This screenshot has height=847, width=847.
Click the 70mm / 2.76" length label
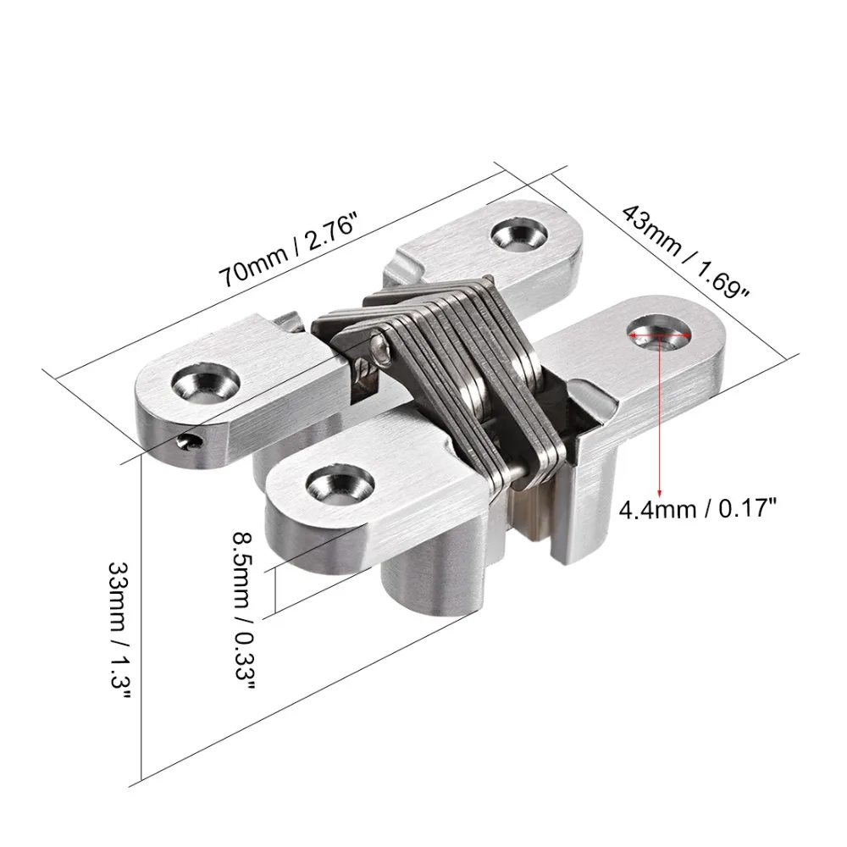click(289, 250)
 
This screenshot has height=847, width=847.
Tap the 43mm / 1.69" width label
click(686, 252)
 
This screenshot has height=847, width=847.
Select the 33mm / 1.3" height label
click(119, 631)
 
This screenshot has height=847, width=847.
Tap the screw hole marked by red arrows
click(660, 334)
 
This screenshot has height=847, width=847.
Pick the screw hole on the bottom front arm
click(340, 484)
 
